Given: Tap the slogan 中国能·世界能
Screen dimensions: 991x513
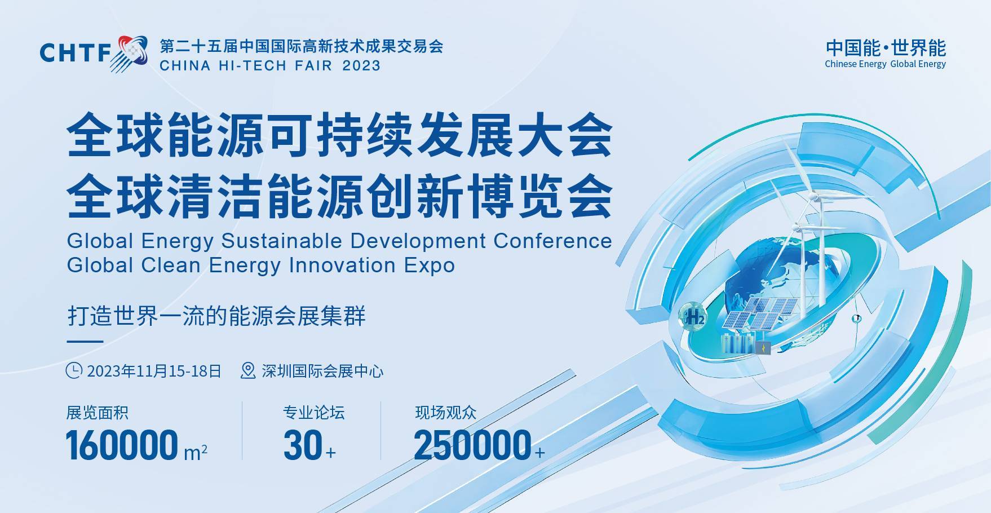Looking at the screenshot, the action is [x=886, y=48].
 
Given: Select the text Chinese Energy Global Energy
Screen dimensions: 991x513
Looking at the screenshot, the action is [x=885, y=64].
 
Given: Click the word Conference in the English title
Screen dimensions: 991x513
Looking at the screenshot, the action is [x=552, y=241].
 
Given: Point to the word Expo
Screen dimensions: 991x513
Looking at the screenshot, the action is [x=429, y=266].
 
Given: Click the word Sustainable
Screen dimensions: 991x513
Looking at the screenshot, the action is [x=282, y=241].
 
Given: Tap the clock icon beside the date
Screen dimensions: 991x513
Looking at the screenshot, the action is [x=74, y=370].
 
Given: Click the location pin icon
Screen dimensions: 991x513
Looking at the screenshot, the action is [x=248, y=370].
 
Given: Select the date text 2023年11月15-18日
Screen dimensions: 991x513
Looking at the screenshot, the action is [x=154, y=371].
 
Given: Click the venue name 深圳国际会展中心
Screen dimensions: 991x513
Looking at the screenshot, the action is [x=322, y=371].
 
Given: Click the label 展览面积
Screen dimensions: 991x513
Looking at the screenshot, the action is [x=98, y=413].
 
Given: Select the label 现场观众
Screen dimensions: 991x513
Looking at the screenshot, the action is [x=446, y=413].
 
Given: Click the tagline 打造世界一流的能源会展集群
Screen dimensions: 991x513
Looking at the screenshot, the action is [x=216, y=316].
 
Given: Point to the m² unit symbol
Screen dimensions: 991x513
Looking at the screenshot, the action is [x=196, y=452].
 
